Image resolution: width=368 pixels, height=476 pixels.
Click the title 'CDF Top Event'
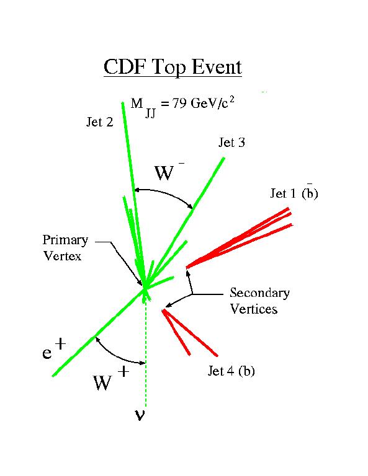173,68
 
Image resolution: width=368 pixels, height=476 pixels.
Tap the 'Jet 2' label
100,122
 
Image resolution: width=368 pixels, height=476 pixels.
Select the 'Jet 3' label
231,143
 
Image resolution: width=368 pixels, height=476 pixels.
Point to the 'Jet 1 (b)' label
294,193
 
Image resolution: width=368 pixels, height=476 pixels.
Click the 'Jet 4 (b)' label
231,371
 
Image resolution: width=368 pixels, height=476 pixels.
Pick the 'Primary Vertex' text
65,248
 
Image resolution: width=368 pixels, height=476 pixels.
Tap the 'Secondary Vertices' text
260,301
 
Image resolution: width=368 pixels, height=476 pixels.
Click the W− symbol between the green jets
169,172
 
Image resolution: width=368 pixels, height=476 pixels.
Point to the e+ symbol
54,349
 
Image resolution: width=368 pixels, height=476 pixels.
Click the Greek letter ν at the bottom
140,415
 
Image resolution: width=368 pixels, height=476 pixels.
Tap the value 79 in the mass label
179,104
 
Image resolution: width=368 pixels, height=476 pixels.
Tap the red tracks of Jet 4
189,332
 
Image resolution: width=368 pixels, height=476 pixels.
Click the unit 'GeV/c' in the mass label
209,104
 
